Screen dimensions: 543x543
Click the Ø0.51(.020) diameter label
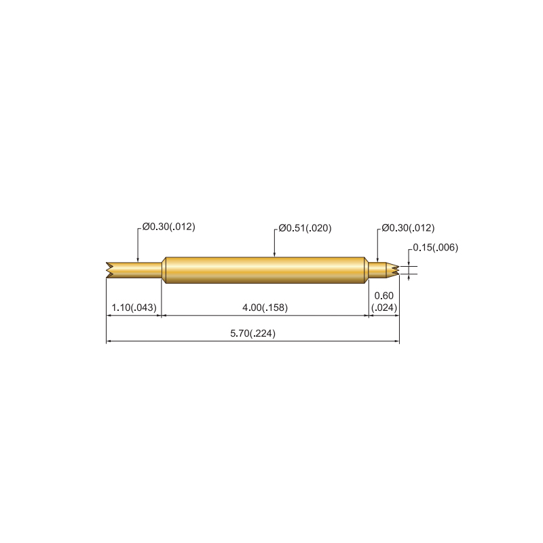305,228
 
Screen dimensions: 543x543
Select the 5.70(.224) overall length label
252,333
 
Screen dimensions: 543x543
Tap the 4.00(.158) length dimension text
265,307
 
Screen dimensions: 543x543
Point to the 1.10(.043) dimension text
134,307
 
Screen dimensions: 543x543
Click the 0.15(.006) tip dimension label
435,248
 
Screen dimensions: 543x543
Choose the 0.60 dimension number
384,296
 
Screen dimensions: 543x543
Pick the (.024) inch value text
384,307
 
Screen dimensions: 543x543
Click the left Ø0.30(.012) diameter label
168,227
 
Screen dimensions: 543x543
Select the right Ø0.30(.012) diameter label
408,228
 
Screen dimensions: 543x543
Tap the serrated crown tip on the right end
393,270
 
